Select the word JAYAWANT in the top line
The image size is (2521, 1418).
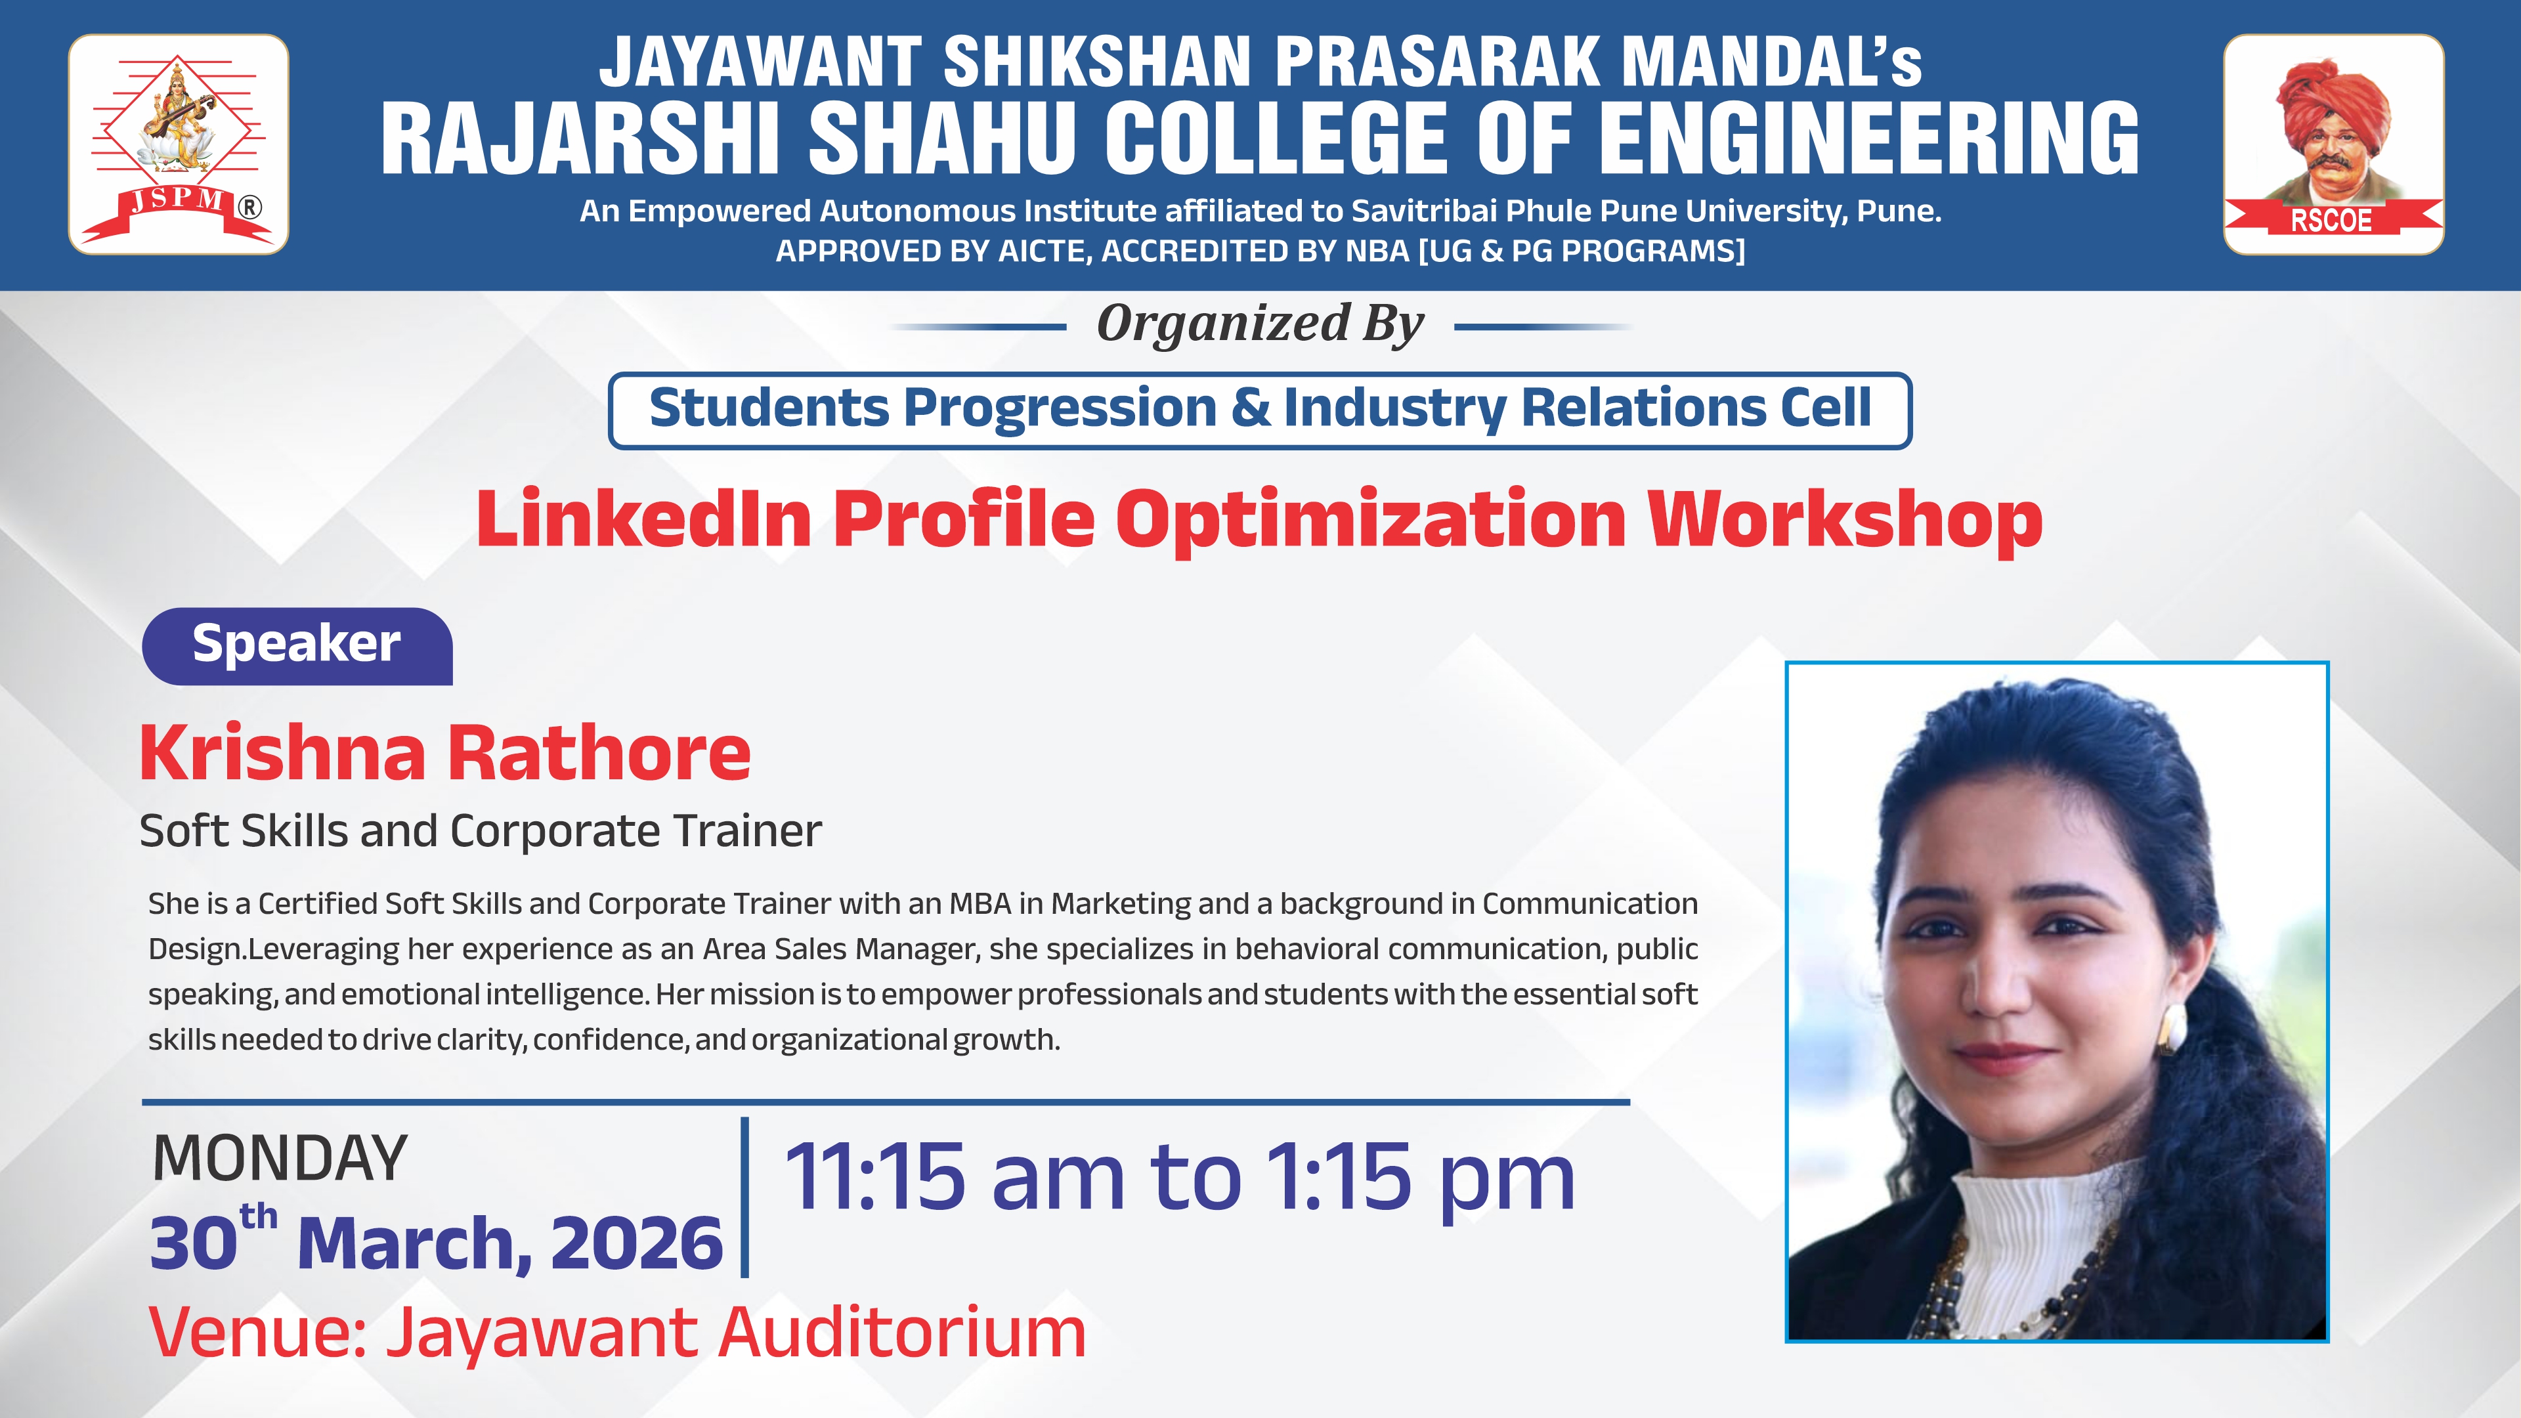pos(760,62)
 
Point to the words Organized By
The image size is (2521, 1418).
pos(1260,324)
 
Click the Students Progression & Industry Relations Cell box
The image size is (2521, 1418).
pos(1260,410)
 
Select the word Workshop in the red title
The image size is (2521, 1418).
pos(1845,521)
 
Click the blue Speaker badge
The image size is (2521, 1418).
pos(297,646)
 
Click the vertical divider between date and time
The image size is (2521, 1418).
pos(744,1197)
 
